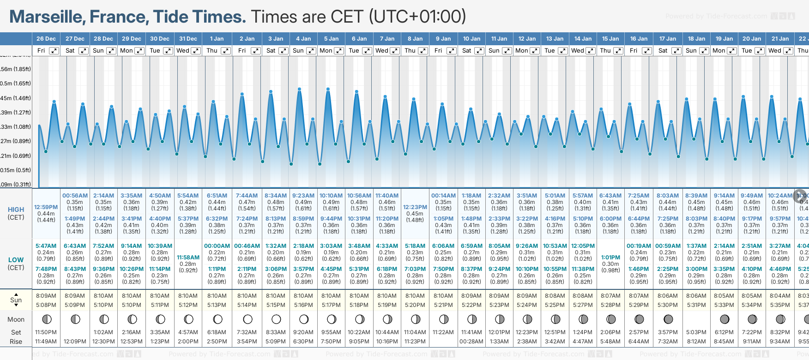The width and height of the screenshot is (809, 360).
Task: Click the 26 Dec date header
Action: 46,39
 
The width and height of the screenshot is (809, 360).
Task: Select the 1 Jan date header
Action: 217,39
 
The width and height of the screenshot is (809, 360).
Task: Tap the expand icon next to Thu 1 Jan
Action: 225,51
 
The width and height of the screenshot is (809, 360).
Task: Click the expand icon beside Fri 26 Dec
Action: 54,51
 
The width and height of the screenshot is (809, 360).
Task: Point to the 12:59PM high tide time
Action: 46,207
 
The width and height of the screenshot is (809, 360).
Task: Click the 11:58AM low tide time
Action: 188,258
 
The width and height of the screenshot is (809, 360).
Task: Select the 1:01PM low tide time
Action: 610,258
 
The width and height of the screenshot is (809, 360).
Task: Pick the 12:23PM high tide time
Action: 415,207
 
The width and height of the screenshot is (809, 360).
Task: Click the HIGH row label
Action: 16,210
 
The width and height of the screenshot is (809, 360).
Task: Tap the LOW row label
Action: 16,260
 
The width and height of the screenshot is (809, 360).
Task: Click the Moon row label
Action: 16,319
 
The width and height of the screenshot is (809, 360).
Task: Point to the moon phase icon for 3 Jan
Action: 276,319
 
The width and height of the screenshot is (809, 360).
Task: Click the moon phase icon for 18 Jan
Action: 696,319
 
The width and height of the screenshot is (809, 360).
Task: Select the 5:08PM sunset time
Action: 46,305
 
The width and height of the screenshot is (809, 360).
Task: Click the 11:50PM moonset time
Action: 46,332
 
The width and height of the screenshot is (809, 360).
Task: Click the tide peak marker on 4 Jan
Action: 300,89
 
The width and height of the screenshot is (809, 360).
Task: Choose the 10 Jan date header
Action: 471,39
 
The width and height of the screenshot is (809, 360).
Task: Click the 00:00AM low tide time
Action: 217,246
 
